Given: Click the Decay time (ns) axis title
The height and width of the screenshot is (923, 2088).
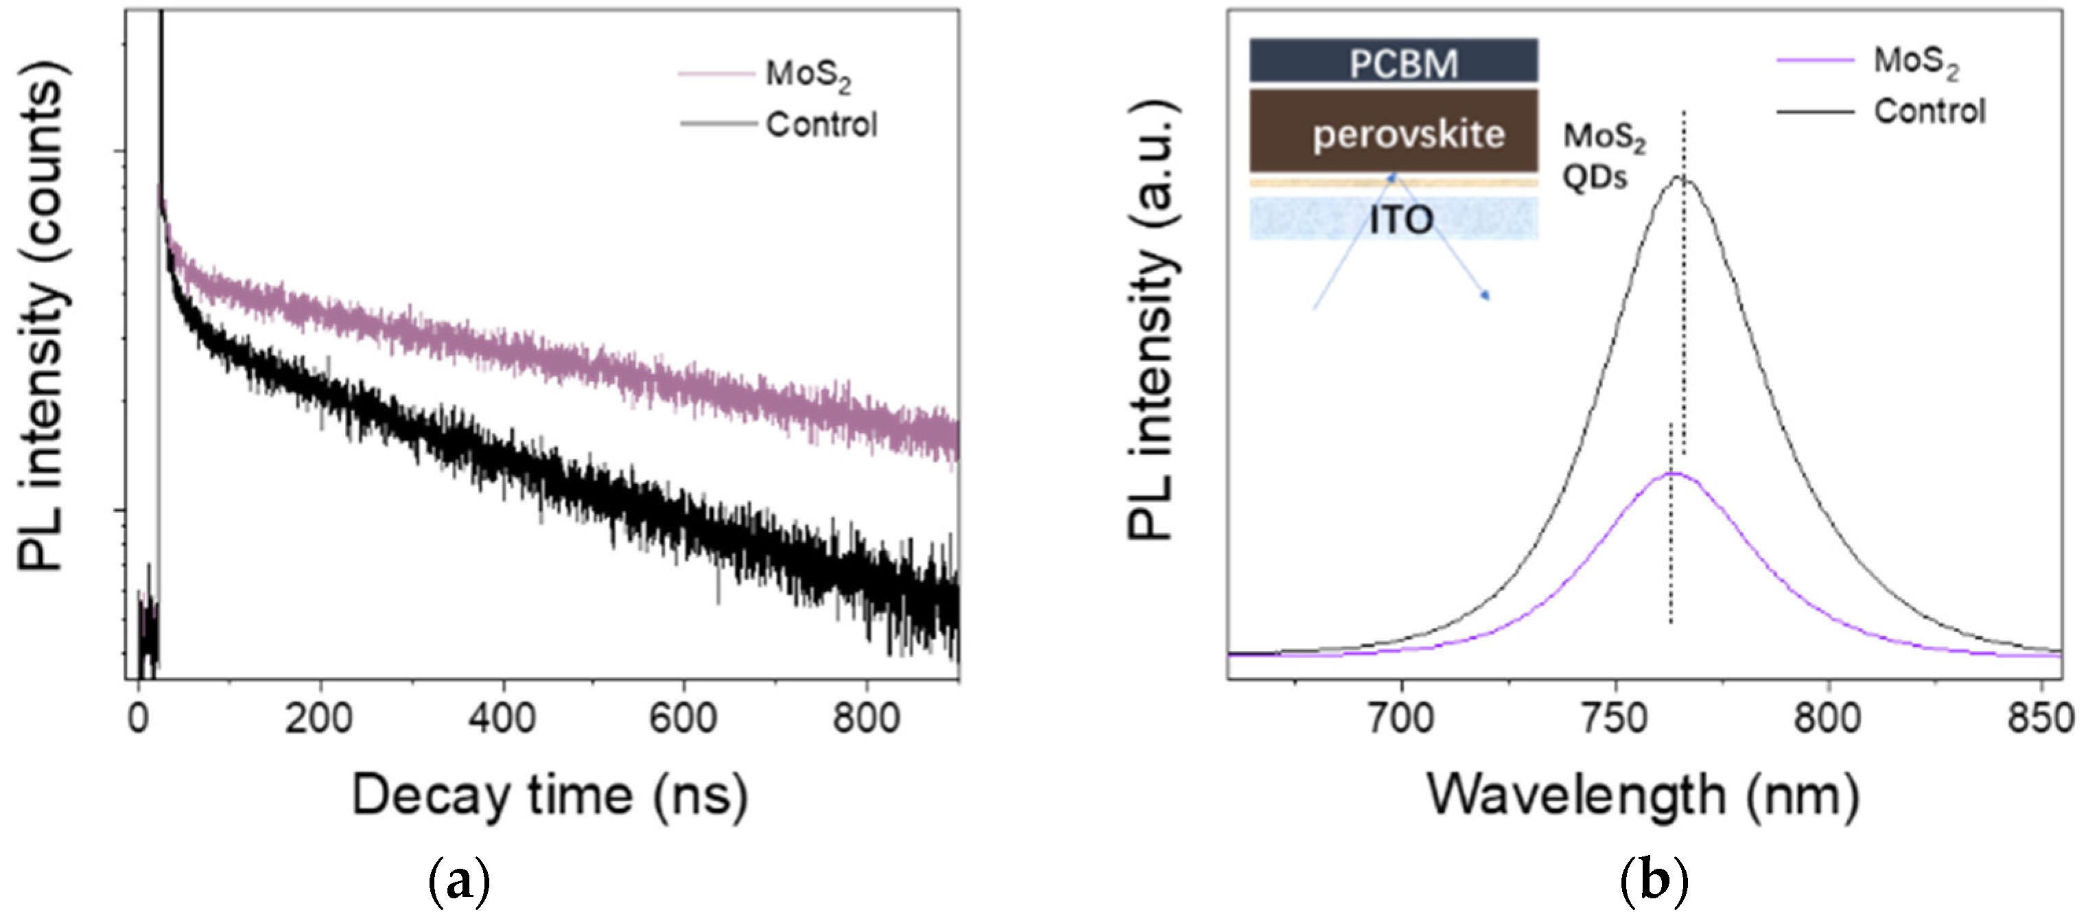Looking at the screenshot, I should point(550,796).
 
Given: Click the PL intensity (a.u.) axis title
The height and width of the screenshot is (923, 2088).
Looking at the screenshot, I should point(1151,320).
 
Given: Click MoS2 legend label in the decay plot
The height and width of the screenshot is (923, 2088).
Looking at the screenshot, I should point(808,75).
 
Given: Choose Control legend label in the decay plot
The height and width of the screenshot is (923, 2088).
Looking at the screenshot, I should point(821,125).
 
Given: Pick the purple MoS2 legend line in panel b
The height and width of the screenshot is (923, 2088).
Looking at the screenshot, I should point(1815,60).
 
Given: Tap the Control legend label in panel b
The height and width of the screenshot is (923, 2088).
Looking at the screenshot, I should point(1929,111).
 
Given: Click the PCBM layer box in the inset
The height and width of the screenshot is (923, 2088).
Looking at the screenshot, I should point(1394,62).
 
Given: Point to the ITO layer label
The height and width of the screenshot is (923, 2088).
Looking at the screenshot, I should point(1400,220).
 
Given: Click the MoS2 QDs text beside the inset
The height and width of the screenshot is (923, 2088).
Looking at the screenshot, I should point(1604,156).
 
